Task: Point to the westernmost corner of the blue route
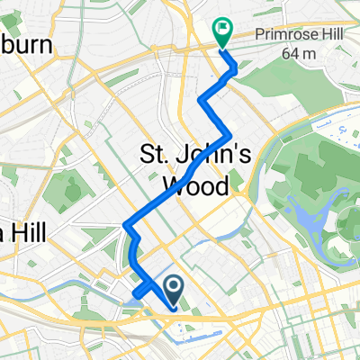[x=123, y=225]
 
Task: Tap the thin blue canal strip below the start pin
[x=198, y=341]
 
